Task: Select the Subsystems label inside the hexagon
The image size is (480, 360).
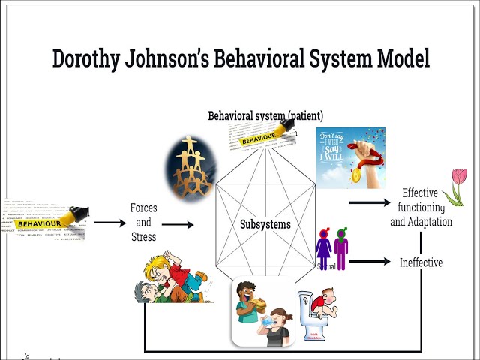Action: (265, 224)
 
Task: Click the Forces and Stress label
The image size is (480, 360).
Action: (143, 223)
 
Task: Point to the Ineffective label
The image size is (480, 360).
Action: (421, 262)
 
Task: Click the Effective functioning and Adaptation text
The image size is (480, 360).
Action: (421, 208)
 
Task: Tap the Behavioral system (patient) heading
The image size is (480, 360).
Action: (265, 116)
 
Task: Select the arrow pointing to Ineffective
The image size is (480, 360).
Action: (370, 262)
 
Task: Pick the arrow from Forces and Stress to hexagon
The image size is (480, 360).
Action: (178, 224)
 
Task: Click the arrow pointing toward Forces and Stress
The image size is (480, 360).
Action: (110, 223)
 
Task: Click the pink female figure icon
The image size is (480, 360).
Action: (324, 249)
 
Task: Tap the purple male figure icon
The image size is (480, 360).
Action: (341, 249)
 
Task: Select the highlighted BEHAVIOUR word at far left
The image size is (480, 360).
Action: (39, 223)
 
